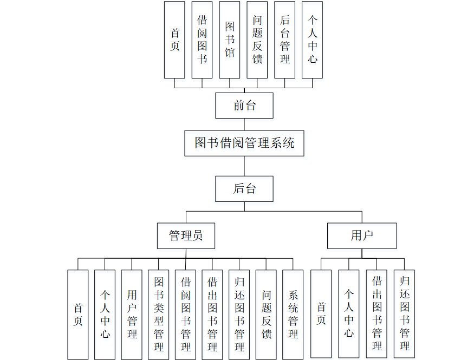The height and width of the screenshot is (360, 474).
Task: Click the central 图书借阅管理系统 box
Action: [x=244, y=143]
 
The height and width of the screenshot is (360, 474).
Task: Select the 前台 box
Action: [x=244, y=105]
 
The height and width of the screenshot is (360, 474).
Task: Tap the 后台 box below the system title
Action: [x=244, y=188]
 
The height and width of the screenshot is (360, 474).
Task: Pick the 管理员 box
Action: [x=186, y=235]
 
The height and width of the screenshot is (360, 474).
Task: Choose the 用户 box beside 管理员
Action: [x=362, y=235]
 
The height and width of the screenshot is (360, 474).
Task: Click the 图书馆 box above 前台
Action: [x=230, y=40]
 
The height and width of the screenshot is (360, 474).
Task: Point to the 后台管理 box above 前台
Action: [x=285, y=40]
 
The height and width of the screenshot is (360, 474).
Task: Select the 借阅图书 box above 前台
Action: [x=202, y=40]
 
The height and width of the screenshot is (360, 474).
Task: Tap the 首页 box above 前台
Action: [x=174, y=40]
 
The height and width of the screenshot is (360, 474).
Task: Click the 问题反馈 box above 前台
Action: [x=257, y=40]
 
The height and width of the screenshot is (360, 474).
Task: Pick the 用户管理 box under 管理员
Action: [x=132, y=315]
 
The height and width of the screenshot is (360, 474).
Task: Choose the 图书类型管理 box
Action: [x=159, y=315]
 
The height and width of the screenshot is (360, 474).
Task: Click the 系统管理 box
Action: [x=293, y=315]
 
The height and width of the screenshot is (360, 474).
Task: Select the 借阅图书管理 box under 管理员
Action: [x=186, y=315]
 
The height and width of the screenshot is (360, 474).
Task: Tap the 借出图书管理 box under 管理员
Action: [x=212, y=315]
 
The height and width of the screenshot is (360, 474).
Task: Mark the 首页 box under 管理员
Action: [x=78, y=315]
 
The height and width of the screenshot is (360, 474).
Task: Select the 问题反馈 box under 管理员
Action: [x=266, y=315]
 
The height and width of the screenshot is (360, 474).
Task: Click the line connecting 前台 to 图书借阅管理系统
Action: [x=244, y=124]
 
